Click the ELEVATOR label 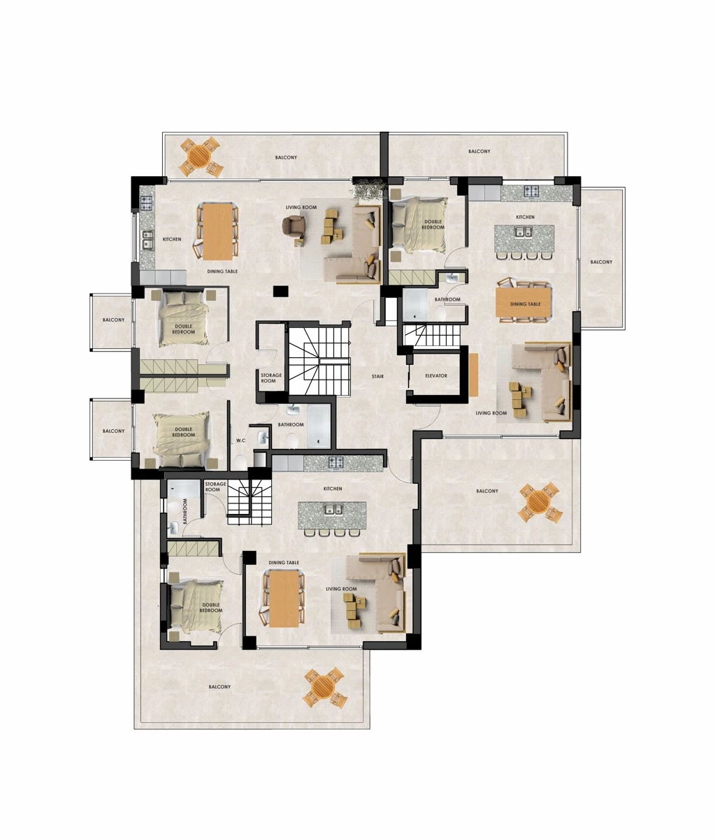pyautogui.click(x=436, y=376)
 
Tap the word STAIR pyautogui.click(x=377, y=377)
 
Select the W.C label pyautogui.click(x=240, y=440)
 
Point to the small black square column pyautogui.click(x=281, y=291)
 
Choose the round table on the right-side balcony pyautogui.click(x=540, y=502)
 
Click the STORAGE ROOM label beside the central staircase pyautogui.click(x=271, y=378)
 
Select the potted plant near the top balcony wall pyautogui.click(x=368, y=189)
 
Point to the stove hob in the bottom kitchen pyautogui.click(x=335, y=462)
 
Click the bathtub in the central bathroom pyautogui.click(x=319, y=426)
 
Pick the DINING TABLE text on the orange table pyautogui.click(x=525, y=304)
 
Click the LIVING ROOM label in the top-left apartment pyautogui.click(x=301, y=208)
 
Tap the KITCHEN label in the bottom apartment pyautogui.click(x=333, y=489)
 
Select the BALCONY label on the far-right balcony pyautogui.click(x=601, y=262)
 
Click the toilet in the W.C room pyautogui.click(x=240, y=462)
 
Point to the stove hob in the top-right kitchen pyautogui.click(x=530, y=190)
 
